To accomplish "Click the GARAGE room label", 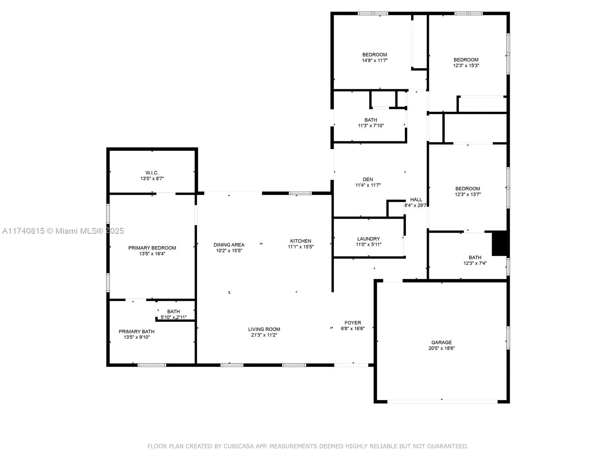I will (441, 342).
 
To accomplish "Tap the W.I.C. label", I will (152, 173).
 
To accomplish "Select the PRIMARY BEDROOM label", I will (152, 248).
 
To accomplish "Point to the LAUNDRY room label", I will (368, 239).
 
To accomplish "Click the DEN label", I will (368, 179).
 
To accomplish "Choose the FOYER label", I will (353, 323).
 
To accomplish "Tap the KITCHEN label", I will (301, 241).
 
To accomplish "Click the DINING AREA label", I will (229, 245).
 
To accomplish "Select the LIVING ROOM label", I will (264, 329).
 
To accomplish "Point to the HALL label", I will (416, 199).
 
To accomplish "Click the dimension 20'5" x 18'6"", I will (441, 348).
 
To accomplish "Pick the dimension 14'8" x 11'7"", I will (375, 60).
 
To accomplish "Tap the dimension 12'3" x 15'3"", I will (466, 65).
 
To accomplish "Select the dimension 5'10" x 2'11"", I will (174, 317).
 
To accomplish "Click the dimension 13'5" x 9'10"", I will (137, 337).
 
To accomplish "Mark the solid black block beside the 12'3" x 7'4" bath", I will (500, 243).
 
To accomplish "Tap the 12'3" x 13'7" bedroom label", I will (468, 189).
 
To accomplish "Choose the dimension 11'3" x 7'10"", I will (371, 126).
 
